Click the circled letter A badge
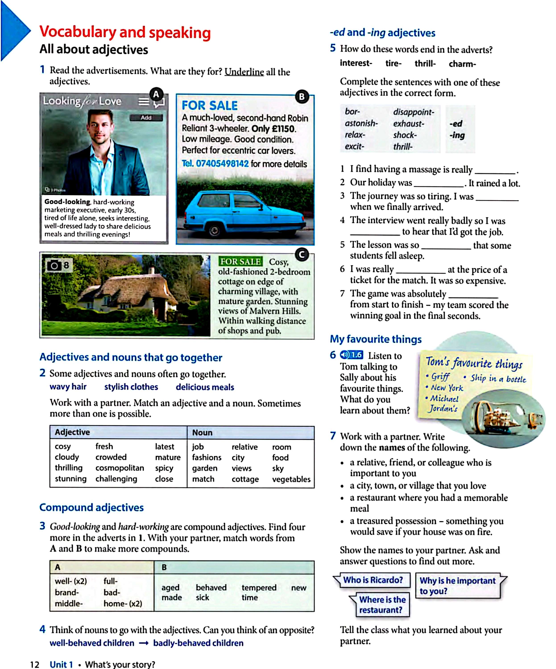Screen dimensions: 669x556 point(156,94)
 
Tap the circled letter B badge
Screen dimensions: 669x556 point(302,97)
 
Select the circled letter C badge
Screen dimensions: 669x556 point(302,255)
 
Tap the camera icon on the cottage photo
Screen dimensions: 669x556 point(54,265)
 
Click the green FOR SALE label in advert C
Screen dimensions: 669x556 point(240,262)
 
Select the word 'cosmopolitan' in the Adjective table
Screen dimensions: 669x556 point(120,468)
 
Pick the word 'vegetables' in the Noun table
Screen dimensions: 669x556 point(291,479)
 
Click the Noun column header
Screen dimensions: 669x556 point(202,433)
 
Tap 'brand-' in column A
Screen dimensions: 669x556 point(67,592)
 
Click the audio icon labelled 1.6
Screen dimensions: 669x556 point(351,355)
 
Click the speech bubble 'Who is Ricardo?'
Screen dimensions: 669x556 point(373,580)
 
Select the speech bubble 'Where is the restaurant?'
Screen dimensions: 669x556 point(382,605)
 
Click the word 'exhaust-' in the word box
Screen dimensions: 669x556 point(409,124)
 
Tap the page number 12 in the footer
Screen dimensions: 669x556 point(34,664)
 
